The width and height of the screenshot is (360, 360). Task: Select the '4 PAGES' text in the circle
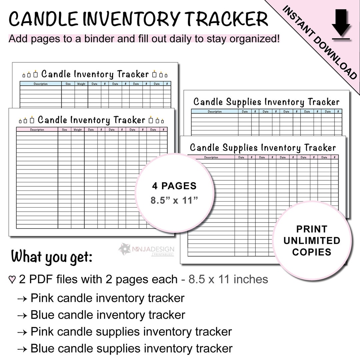pyautogui.click(x=174, y=186)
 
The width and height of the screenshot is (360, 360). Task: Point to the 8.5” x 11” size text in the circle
pyautogui.click(x=174, y=201)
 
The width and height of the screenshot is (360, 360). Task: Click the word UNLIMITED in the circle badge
pyautogui.click(x=312, y=241)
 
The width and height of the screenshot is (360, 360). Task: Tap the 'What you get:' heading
pyautogui.click(x=52, y=257)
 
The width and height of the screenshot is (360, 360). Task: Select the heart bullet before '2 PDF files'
pyautogui.click(x=12, y=280)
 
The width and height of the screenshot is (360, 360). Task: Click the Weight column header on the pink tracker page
pyautogui.click(x=77, y=130)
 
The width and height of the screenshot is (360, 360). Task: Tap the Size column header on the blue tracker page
pyautogui.click(x=68, y=84)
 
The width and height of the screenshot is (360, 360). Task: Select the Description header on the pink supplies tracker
pyautogui.click(x=211, y=157)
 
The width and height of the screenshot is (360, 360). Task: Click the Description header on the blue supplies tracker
pyautogui.click(x=215, y=112)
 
